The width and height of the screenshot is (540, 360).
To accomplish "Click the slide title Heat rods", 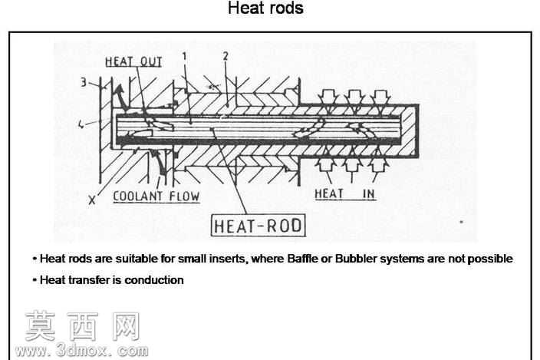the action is [x=265, y=8].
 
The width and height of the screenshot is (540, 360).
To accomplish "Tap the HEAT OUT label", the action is [x=133, y=61].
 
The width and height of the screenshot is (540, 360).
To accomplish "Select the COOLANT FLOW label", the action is [x=156, y=196].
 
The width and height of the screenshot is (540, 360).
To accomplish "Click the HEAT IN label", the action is [x=344, y=194].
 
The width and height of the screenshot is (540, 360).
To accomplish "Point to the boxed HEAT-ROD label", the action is [x=258, y=226].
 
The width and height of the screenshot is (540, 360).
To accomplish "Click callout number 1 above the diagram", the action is [x=185, y=56].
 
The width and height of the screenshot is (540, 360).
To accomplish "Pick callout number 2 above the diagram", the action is [x=226, y=56].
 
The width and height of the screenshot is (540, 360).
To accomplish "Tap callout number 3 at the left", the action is [x=84, y=82].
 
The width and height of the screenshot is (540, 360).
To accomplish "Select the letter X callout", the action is [x=91, y=200].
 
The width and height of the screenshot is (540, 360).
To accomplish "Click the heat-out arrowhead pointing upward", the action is [x=119, y=90].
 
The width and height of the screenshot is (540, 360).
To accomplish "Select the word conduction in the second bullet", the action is [x=154, y=279].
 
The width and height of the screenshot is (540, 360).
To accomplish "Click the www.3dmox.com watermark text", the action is [x=81, y=351].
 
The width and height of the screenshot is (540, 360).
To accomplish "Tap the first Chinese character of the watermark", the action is [x=41, y=326].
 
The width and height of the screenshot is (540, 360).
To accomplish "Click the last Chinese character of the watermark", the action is [x=126, y=326].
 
